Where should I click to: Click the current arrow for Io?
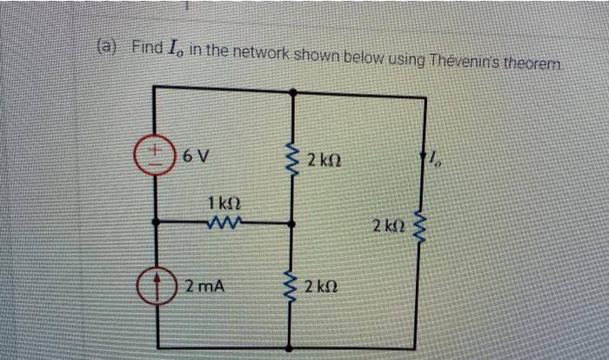(425, 157)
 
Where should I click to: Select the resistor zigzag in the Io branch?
(425, 228)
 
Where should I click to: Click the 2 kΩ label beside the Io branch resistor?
(387, 226)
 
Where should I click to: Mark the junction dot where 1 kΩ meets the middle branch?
(291, 223)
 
